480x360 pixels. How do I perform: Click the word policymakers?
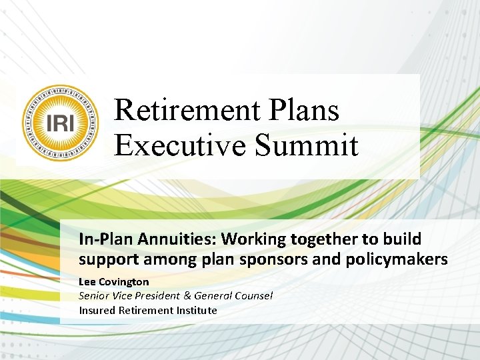click(397, 259)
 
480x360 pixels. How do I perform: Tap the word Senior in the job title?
click(95, 296)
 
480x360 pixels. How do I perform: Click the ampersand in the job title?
click(187, 296)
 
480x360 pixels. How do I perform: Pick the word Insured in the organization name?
click(97, 310)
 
